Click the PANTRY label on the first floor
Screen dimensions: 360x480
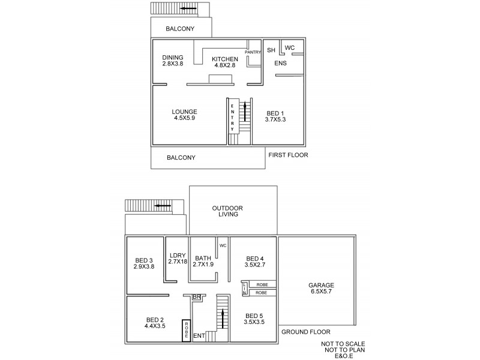[253, 52]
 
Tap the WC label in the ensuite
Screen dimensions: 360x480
[289, 48]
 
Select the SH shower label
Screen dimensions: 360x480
[271, 50]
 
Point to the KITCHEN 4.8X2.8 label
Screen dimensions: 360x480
[225, 62]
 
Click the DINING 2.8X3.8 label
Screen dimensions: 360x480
[173, 61]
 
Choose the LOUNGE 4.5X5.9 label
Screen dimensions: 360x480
[184, 115]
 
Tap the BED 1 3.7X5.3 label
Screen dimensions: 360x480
[275, 116]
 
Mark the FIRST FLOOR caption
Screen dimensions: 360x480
[288, 155]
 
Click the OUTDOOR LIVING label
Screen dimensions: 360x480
[227, 211]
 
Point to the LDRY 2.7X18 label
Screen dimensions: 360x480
[178, 259]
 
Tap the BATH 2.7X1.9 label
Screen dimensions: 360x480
[203, 262]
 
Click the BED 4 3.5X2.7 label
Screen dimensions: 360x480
[255, 262]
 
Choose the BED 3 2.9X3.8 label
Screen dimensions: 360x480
[144, 263]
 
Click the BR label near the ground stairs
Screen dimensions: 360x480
[196, 297]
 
